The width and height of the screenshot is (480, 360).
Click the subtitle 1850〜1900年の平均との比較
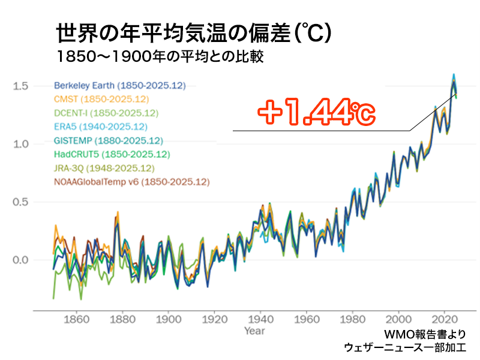(x=160, y=58)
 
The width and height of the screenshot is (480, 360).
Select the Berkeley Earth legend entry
(x=108, y=85)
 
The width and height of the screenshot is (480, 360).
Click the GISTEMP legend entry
(x=108, y=141)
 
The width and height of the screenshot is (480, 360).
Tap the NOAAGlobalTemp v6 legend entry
(x=131, y=181)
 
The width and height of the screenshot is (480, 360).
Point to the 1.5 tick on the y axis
(x=20, y=86)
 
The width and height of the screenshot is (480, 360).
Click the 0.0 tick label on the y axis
(x=20, y=260)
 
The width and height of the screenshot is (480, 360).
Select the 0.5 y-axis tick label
(x=20, y=202)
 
